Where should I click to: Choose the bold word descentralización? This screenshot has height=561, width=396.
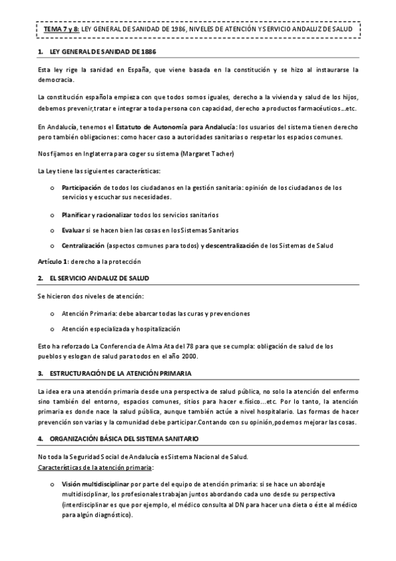pyautogui.click(x=234, y=245)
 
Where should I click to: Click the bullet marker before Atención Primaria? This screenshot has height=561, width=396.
pyautogui.click(x=52, y=313)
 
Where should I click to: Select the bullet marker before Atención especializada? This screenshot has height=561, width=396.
pyautogui.click(x=52, y=329)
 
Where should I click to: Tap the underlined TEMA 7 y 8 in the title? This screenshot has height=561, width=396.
pyautogui.click(x=56, y=29)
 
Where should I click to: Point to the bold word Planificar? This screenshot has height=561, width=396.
pyautogui.click(x=78, y=216)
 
